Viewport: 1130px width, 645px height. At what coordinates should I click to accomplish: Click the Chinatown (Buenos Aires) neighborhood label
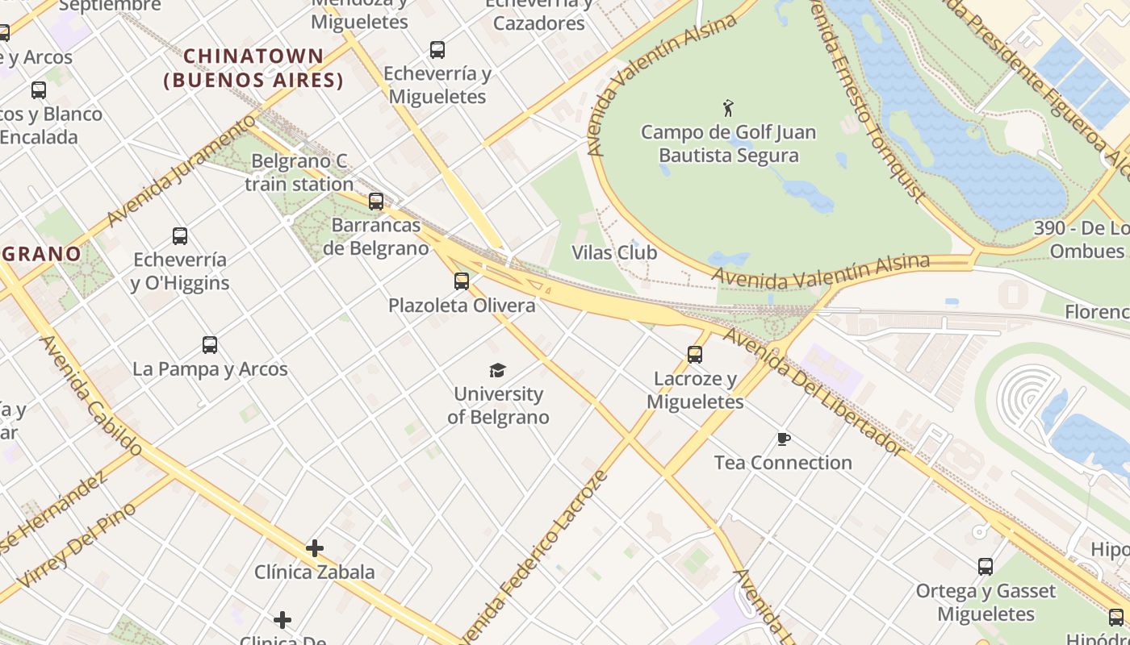point(253,69)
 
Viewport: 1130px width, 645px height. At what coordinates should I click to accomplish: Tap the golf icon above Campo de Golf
point(728,107)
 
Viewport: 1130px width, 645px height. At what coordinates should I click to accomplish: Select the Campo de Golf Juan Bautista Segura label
point(728,144)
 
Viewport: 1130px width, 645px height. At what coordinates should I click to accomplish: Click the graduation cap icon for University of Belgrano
point(498,370)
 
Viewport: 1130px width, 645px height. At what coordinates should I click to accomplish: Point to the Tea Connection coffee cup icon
point(783,439)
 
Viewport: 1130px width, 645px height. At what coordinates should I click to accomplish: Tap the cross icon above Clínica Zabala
point(315,548)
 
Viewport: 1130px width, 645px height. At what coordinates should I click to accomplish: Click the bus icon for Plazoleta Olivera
point(462,281)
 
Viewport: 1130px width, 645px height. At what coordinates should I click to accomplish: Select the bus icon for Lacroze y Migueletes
point(694,354)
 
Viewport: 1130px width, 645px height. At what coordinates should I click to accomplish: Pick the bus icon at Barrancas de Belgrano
point(376,202)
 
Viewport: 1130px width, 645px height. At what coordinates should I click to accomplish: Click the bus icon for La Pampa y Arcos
point(210,345)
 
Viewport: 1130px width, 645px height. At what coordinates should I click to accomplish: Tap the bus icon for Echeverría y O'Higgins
point(180,236)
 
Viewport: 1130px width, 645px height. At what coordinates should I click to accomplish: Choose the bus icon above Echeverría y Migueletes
point(437,50)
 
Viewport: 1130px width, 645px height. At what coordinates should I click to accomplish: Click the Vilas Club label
point(614,252)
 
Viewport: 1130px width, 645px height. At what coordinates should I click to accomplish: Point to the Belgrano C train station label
point(299,173)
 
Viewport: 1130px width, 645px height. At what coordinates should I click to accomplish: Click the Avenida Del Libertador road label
point(810,392)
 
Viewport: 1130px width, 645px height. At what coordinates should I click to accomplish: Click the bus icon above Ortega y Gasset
point(986,567)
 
